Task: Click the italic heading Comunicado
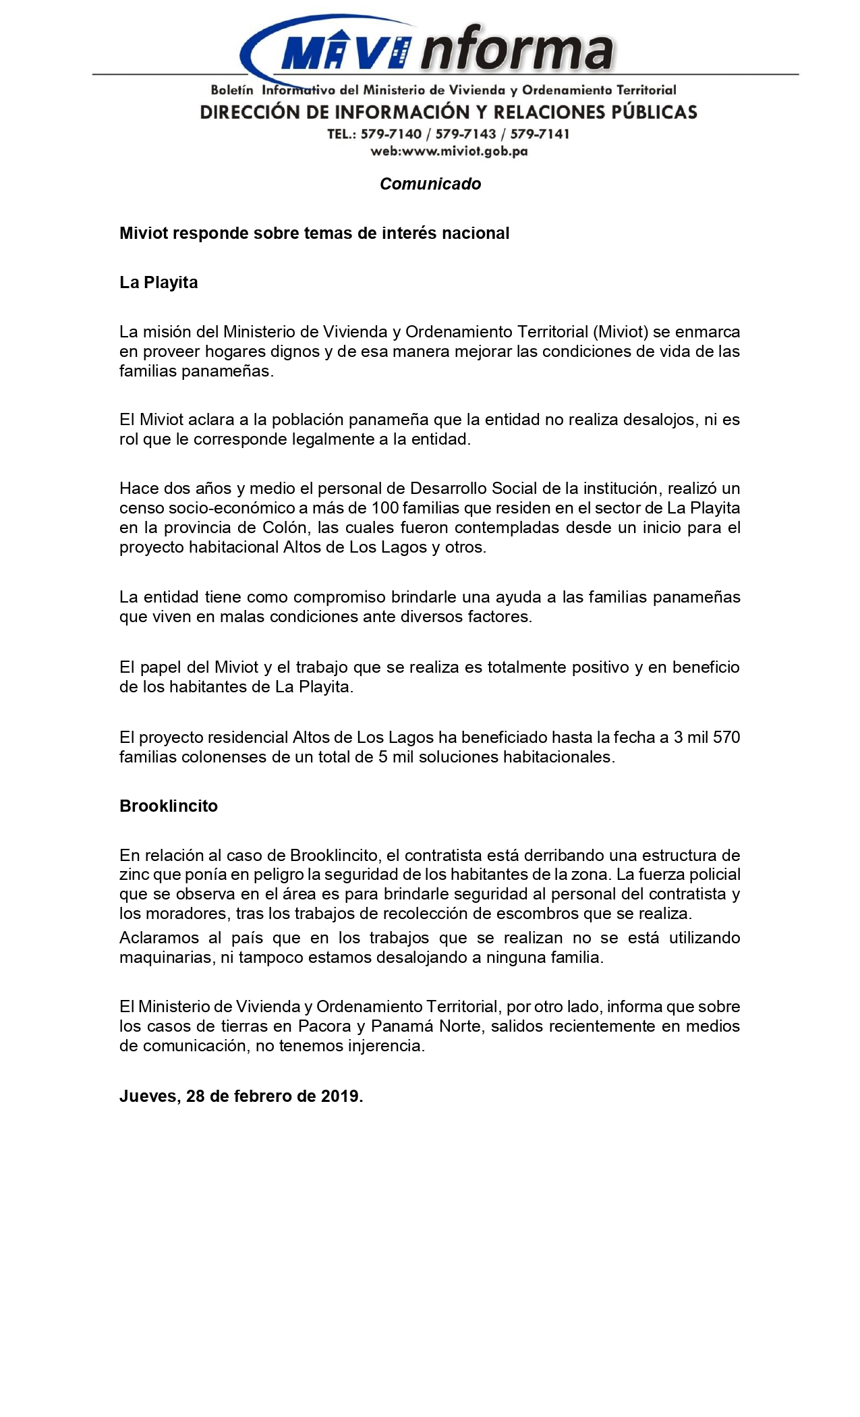click(x=430, y=184)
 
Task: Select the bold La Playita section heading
click(x=159, y=282)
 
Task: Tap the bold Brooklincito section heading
click(x=169, y=806)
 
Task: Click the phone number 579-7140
click(x=391, y=134)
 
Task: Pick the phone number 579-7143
click(x=465, y=134)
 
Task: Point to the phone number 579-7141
click(x=540, y=134)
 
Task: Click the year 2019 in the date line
click(x=341, y=1096)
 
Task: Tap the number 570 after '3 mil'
click(x=726, y=738)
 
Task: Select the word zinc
click(x=134, y=875)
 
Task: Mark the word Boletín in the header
click(x=232, y=90)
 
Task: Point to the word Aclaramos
click(x=159, y=938)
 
